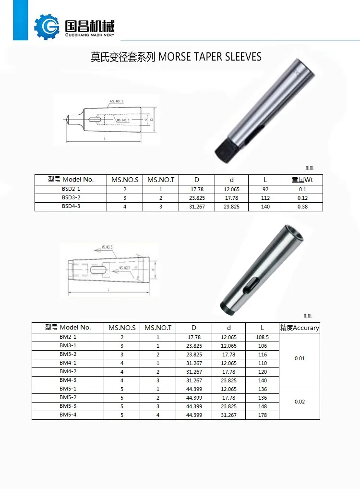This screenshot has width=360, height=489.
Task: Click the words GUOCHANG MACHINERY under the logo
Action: pyautogui.click(x=89, y=35)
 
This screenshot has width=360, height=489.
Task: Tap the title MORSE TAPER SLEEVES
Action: pyautogui.click(x=210, y=57)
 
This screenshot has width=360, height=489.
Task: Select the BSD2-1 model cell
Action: pyautogui.click(x=71, y=189)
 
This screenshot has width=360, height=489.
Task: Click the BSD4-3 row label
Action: pyautogui.click(x=71, y=207)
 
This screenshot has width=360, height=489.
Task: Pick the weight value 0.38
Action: pyautogui.click(x=302, y=207)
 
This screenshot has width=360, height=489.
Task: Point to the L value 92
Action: pyautogui.click(x=265, y=189)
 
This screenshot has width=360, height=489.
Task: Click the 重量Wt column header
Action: pyautogui.click(x=302, y=180)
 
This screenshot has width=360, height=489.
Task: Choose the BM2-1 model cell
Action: pyautogui.click(x=68, y=337)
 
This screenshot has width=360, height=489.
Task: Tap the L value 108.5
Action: pyautogui.click(x=262, y=337)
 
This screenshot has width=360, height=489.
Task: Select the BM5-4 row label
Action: pyautogui.click(x=68, y=415)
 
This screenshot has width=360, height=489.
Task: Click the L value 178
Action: pyautogui.click(x=262, y=415)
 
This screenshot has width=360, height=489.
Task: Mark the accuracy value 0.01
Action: pyautogui.click(x=300, y=359)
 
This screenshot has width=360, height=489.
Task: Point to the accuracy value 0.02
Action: pyautogui.click(x=300, y=402)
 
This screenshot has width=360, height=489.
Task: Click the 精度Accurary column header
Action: pyautogui.click(x=300, y=328)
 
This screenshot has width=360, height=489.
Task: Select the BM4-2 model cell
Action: pyautogui.click(x=68, y=372)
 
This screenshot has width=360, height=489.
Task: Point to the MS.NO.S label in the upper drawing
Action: pyautogui.click(x=117, y=102)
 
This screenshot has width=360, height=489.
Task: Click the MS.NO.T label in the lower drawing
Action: pyautogui.click(x=124, y=268)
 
